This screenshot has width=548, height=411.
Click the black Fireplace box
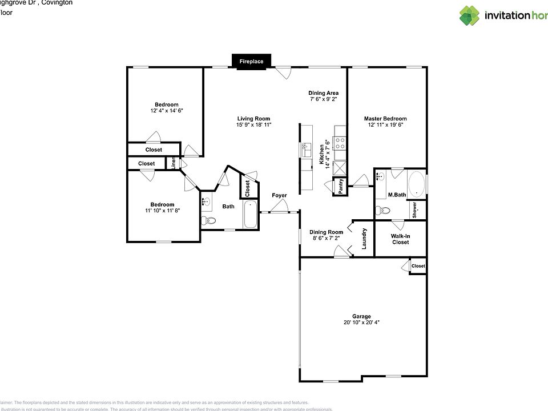pyautogui.click(x=251, y=61)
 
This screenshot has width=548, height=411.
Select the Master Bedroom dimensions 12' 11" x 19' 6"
pyautogui.click(x=385, y=125)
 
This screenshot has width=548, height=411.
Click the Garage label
pyautogui.click(x=361, y=316)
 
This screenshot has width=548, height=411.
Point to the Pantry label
pyautogui.click(x=340, y=187)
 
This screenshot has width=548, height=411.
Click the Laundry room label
pyautogui.click(x=364, y=239)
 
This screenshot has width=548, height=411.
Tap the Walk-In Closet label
pyautogui.click(x=400, y=239)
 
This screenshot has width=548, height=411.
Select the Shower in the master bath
pyautogui.click(x=416, y=209)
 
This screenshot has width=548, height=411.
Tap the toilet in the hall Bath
pyautogui.click(x=208, y=221)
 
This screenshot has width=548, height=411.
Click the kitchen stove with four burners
pyautogui.click(x=340, y=143)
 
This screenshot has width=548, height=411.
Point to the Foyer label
pyautogui.click(x=279, y=196)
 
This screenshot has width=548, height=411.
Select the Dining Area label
pyautogui.click(x=324, y=93)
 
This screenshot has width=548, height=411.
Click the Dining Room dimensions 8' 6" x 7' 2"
pyautogui.click(x=326, y=239)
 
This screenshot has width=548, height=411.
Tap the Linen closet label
pyautogui.click(x=174, y=163)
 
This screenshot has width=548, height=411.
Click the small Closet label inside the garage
pyautogui.click(x=418, y=266)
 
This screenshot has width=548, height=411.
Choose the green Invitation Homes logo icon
pyautogui.click(x=470, y=15)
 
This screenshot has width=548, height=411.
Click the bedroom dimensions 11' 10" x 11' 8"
pyautogui.click(x=162, y=211)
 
